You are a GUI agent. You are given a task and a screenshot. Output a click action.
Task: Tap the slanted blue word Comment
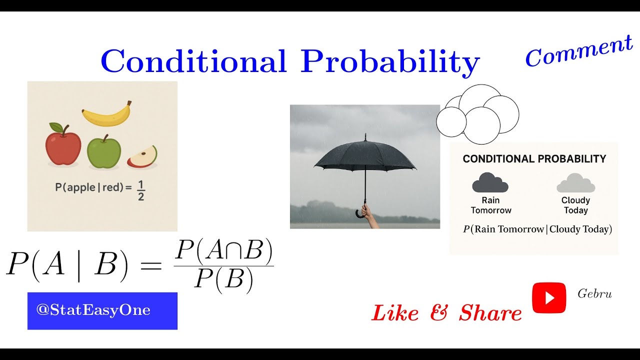point(578,51)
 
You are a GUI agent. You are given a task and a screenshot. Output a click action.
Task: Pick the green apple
point(104,151)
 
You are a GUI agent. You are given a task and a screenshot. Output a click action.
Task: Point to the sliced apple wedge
point(142,157)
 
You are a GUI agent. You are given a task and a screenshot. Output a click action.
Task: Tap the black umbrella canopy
point(365,155)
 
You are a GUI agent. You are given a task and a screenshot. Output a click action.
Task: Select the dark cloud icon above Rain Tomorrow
point(490,183)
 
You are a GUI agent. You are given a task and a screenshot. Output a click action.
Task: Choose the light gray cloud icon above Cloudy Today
point(575,183)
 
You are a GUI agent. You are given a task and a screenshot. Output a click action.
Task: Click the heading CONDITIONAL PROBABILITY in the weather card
point(534,159)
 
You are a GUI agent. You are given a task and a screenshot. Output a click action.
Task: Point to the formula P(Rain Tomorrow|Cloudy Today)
point(537,229)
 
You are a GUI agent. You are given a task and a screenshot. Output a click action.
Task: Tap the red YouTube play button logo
point(549,298)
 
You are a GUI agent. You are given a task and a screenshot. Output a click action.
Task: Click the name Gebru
point(594,294)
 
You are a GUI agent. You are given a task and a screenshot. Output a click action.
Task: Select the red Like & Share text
point(446,313)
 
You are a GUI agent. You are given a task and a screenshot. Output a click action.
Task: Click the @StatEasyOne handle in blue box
point(93,310)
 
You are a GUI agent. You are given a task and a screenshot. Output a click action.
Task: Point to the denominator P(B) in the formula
point(223,279)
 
